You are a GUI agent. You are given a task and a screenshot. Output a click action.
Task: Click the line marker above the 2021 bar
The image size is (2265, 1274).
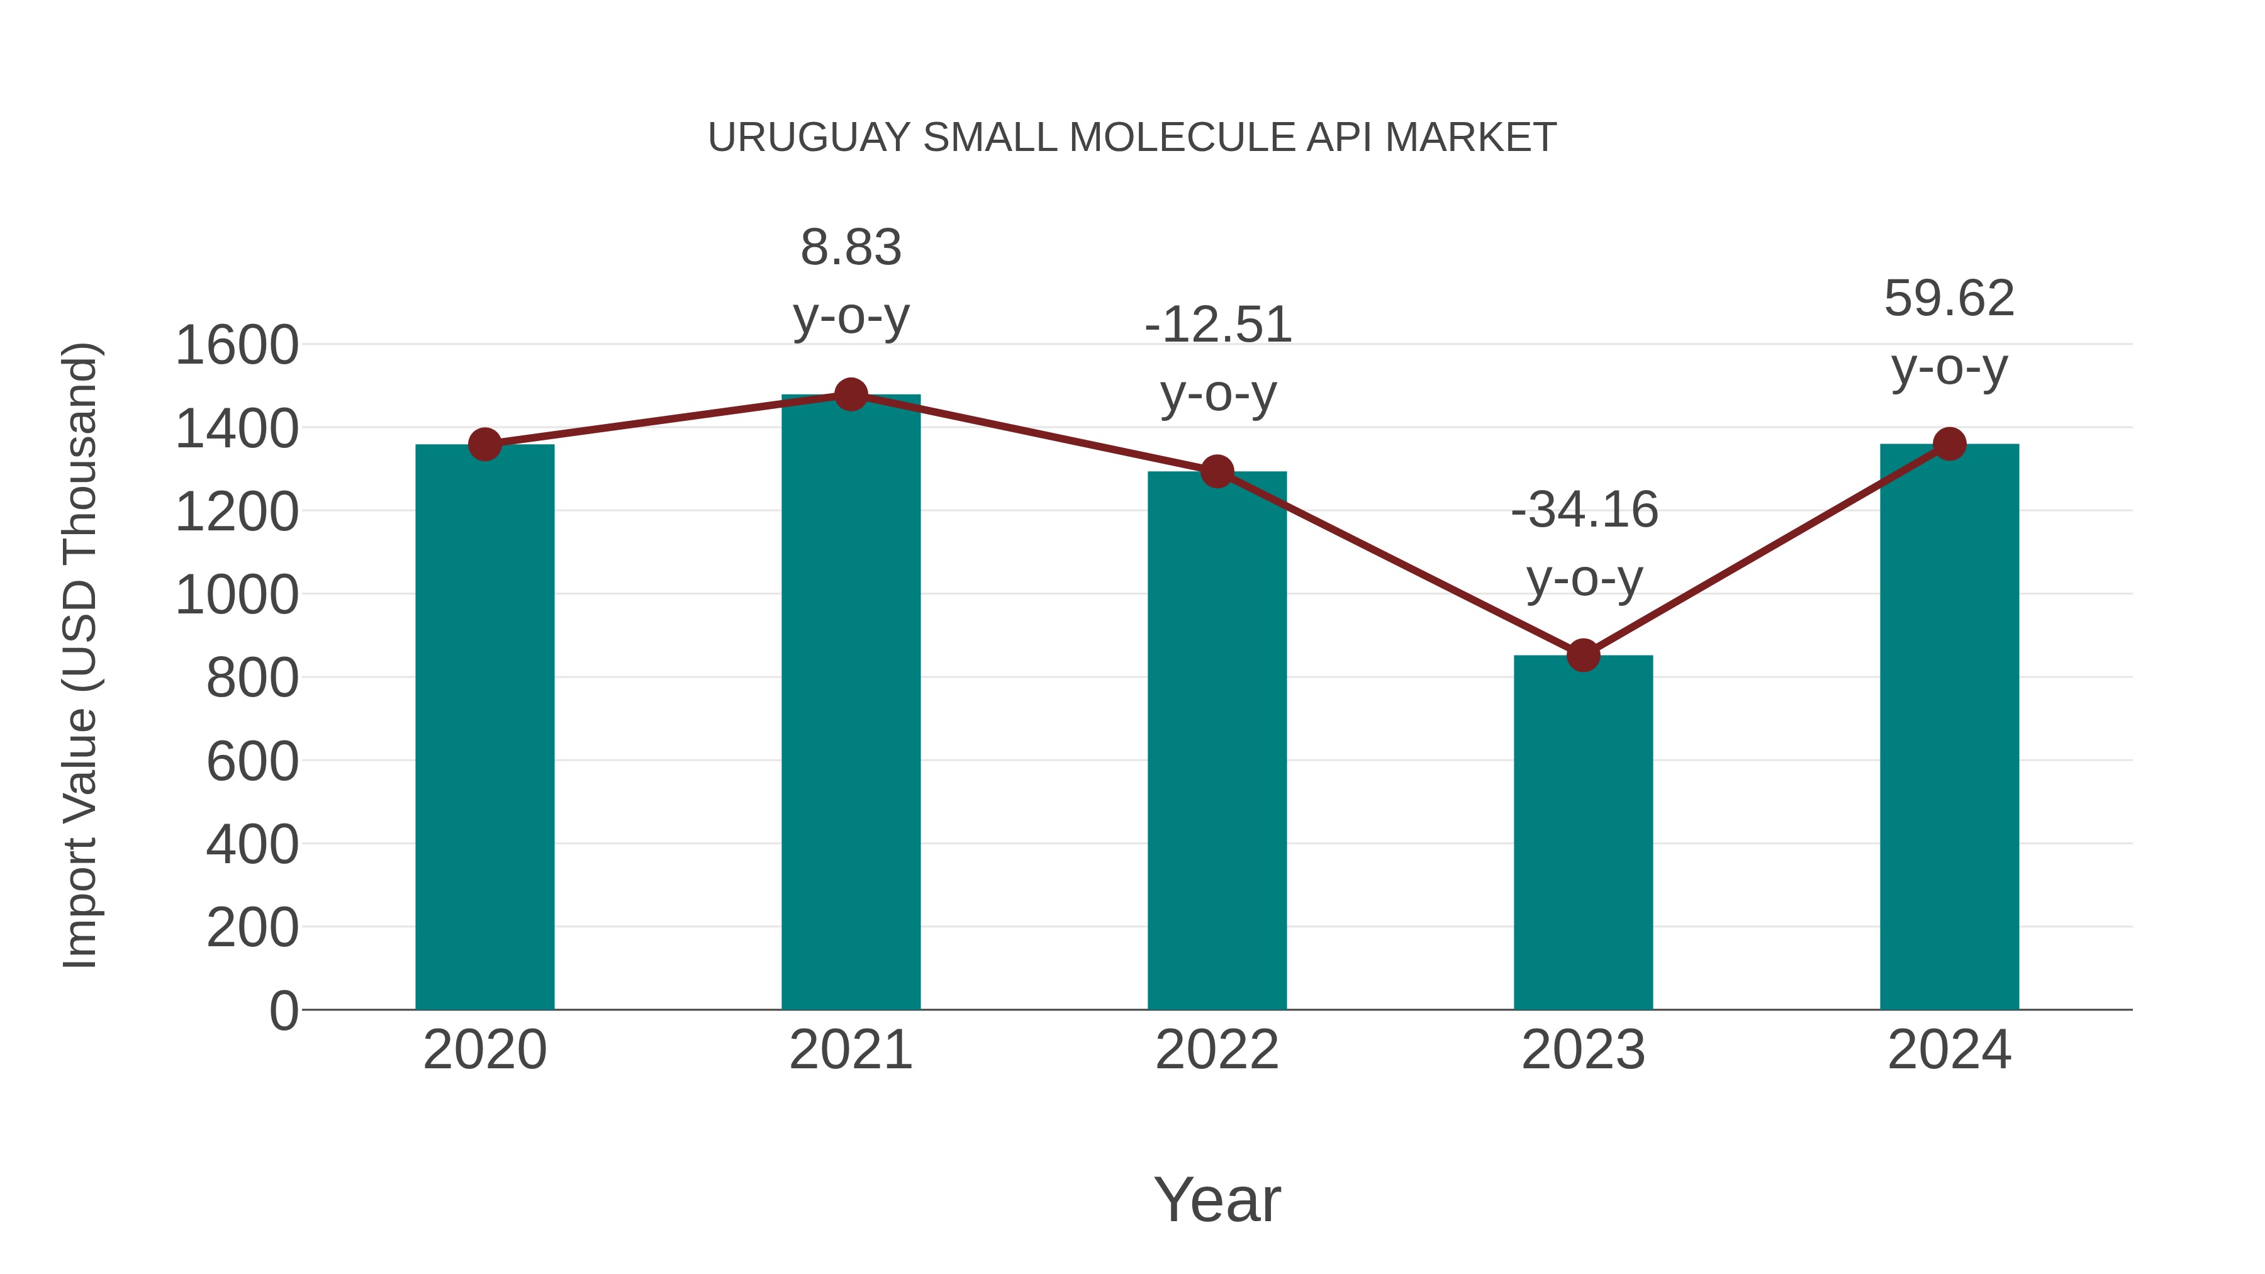850,394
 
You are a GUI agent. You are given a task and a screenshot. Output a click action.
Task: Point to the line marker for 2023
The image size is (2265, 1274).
1583,655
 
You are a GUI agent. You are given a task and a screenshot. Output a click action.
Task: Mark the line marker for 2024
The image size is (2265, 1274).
1949,444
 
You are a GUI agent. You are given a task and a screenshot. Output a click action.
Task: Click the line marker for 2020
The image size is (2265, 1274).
484,444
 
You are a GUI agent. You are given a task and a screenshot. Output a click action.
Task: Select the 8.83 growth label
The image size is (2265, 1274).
850,248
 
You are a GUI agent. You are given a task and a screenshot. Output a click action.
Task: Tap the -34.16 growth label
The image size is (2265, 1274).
1584,511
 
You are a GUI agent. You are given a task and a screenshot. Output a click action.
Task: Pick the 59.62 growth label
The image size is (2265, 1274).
1949,299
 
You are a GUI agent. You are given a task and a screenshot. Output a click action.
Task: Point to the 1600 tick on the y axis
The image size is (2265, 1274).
237,345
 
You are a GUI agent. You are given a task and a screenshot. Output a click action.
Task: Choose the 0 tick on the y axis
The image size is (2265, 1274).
283,1011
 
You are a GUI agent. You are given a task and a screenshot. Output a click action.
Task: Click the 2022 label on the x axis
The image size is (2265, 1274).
1217,1050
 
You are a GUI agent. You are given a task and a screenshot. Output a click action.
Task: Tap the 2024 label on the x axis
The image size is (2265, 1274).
1949,1050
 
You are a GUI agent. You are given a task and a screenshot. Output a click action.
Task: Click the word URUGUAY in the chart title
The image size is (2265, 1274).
809,138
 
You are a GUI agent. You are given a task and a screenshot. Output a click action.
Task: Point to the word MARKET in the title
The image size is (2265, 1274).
1470,138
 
